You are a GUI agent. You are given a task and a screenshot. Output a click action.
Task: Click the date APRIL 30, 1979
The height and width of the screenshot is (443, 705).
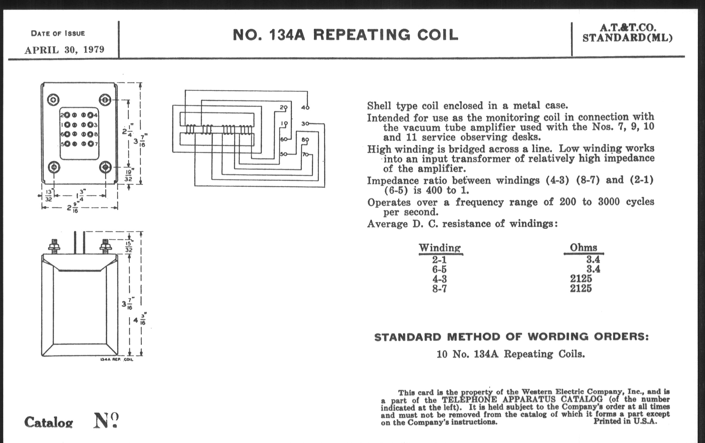(64, 50)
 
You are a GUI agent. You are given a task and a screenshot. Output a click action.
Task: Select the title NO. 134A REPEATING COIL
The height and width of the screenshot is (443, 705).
(346, 35)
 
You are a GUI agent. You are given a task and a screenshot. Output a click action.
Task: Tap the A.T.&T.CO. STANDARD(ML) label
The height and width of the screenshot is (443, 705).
(627, 33)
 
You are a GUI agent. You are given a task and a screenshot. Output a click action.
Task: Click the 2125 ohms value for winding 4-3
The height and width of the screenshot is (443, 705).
(581, 279)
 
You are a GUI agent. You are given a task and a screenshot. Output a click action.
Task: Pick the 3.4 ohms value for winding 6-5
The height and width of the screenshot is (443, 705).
(593, 269)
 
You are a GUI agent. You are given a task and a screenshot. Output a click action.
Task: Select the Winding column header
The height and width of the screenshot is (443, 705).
(440, 248)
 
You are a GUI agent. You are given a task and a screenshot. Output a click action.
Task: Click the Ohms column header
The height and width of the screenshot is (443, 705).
(584, 247)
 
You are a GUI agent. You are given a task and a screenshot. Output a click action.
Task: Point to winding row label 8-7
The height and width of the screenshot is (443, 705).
(440, 289)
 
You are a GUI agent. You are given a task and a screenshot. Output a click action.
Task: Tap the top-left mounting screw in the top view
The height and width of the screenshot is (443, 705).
(53, 100)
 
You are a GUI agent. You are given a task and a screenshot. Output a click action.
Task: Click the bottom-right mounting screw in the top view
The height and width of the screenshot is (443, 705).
(105, 167)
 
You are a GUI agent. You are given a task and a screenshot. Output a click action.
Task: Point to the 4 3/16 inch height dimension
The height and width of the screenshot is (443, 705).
(140, 320)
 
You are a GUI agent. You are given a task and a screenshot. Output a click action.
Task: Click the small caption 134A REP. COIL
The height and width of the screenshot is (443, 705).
(117, 359)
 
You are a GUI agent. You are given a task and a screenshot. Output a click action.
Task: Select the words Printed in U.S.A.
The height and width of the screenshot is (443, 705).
(625, 421)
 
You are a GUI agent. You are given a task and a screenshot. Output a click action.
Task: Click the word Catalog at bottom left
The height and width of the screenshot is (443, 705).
(49, 422)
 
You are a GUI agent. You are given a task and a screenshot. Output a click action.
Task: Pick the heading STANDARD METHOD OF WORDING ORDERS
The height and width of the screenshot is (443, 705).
(511, 337)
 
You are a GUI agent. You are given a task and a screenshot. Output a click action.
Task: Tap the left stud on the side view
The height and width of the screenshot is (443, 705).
(54, 246)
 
